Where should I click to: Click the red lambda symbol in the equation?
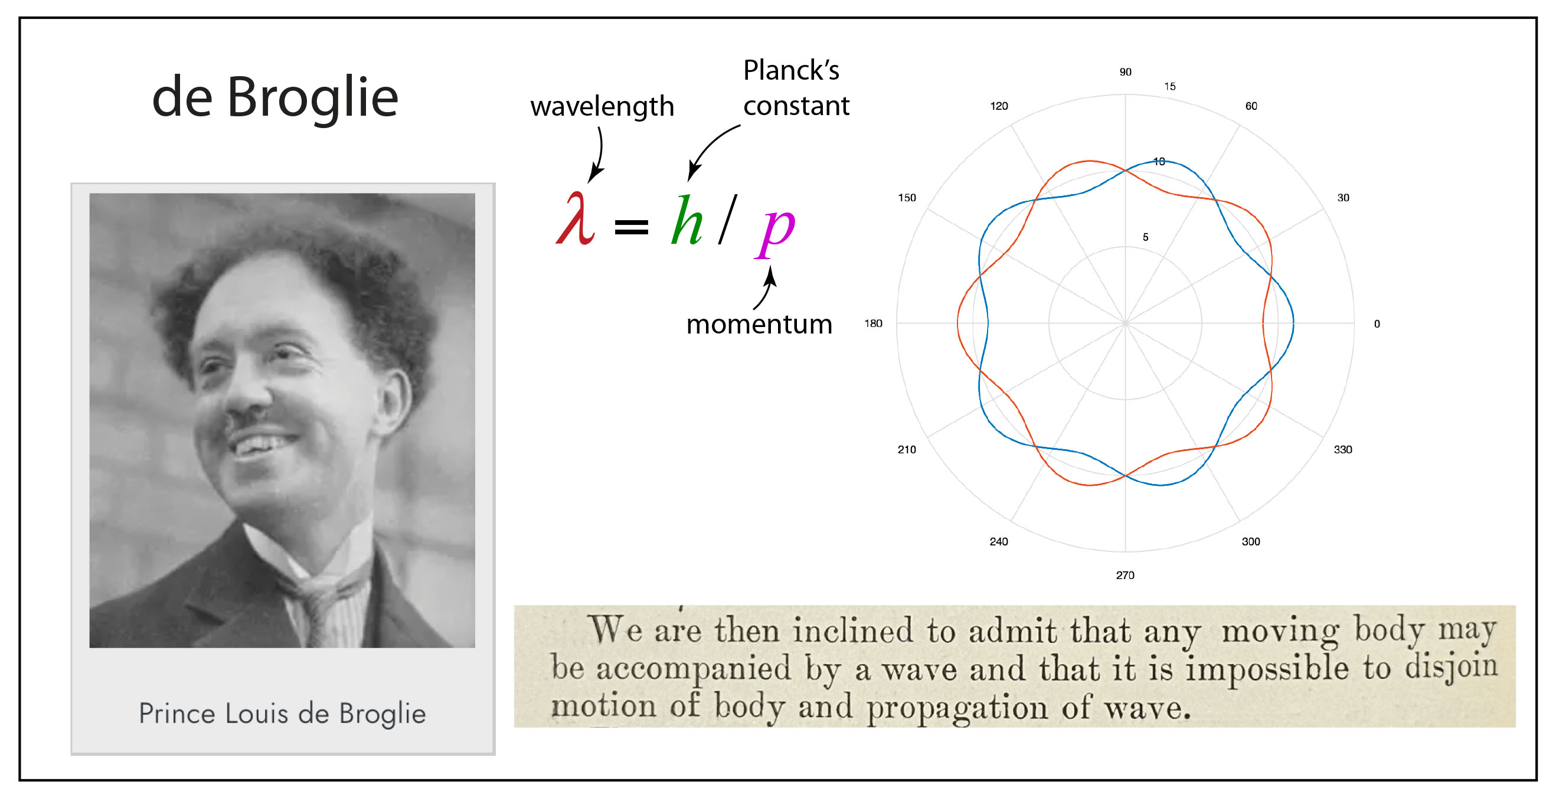576,219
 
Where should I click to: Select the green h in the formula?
687,221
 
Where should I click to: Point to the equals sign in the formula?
631,227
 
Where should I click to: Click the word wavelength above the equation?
602,106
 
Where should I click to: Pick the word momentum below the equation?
759,324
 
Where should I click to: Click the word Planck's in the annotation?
791,70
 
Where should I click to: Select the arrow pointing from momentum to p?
766,289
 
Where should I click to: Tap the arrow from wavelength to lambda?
598,154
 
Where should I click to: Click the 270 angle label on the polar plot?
1125,576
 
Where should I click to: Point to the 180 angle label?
872,323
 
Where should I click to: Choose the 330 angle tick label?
1343,450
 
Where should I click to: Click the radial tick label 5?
1145,237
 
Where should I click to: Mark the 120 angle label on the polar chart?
999,106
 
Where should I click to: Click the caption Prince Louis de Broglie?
282,714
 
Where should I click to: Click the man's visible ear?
393,399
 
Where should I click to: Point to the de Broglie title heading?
274,97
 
